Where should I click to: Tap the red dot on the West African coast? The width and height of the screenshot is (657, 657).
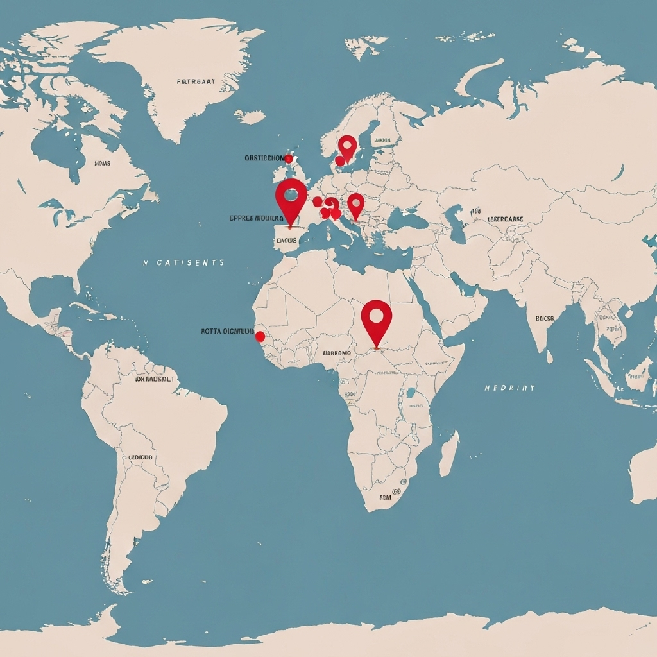260,336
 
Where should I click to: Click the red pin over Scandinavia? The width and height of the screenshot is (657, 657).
347,147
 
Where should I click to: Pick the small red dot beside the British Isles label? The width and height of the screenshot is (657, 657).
288,158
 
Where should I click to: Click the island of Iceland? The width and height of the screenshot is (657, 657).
250,117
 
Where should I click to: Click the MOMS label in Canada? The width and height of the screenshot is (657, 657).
102,164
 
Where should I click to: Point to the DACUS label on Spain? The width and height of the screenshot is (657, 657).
286,241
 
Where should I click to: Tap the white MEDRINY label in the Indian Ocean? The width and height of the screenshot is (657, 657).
509,388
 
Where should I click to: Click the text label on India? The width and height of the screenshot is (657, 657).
544,318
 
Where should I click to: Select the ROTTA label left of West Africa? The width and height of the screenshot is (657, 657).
228,332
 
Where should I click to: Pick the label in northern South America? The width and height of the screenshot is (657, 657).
153,379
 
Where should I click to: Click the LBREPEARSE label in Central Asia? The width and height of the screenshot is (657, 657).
506,219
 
